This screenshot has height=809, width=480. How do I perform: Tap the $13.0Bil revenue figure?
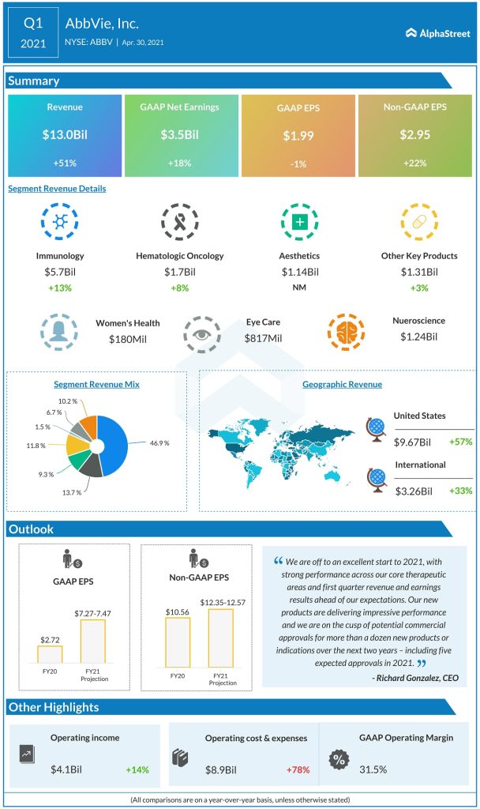click(65, 135)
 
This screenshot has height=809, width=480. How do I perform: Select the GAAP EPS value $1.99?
click(298, 135)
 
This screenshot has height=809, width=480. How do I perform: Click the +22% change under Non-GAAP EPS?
click(414, 162)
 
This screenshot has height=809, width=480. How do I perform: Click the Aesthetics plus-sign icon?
click(299, 222)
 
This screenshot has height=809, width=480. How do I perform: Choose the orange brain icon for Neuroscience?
click(346, 333)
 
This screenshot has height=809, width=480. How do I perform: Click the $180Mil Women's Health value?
click(127, 338)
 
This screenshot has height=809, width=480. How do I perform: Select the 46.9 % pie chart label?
click(159, 442)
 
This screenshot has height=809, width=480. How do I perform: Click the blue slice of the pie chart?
click(118, 442)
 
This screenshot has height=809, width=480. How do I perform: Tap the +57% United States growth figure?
click(459, 442)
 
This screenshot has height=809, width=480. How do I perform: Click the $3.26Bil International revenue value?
click(414, 491)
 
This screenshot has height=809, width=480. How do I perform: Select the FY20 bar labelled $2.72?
click(50, 654)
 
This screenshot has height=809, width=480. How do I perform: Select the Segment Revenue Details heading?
click(57, 189)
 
